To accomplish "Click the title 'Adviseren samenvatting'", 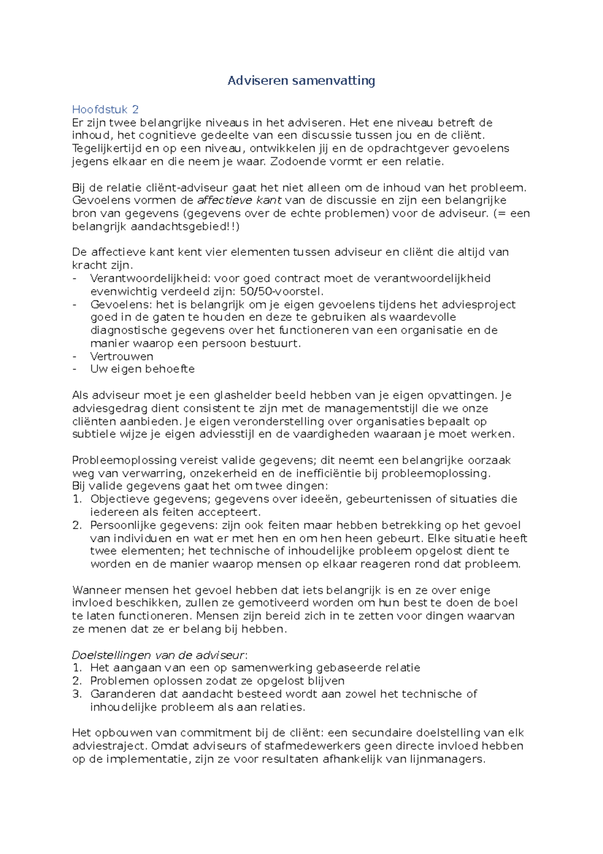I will pos(301,80).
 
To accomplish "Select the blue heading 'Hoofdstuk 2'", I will pos(105,109).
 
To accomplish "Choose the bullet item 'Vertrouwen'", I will pos(122,356).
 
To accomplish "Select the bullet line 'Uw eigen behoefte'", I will pos(142,369).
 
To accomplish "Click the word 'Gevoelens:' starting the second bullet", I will pos(122,304).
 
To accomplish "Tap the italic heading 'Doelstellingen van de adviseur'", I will pos(159,655).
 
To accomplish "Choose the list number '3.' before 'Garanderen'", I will pos(77,694).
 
